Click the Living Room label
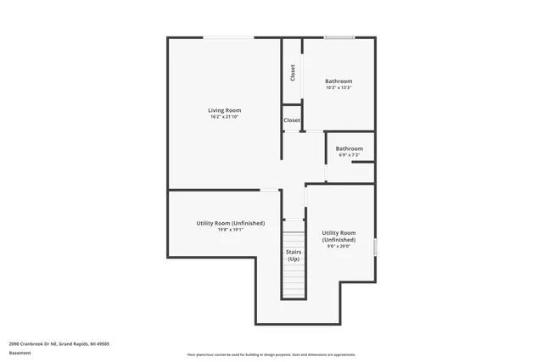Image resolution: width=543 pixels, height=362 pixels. point(225,110)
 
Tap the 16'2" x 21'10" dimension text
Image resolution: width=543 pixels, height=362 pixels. point(225,117)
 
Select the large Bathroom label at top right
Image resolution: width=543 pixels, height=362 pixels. point(339,81)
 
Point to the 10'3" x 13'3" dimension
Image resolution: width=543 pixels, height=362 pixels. point(339,87)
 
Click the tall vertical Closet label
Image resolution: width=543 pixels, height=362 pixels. point(293,73)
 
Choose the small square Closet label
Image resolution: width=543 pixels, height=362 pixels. point(292,120)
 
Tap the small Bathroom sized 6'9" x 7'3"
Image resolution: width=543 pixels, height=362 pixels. point(349,148)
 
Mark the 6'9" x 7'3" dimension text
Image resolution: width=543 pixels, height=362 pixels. point(349,155)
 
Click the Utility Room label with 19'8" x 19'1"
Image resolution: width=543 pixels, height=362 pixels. point(230,223)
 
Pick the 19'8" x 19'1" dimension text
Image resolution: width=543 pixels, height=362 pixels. point(230,229)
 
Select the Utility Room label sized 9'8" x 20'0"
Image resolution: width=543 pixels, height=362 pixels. point(339,236)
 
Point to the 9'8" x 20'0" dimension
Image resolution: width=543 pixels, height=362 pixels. point(339,246)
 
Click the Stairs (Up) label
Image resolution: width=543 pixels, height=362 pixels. point(293,255)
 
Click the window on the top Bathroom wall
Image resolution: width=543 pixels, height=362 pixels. point(339,37)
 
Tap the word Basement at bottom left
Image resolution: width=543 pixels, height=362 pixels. point(20,353)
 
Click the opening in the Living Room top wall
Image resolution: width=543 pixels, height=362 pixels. point(227,37)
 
